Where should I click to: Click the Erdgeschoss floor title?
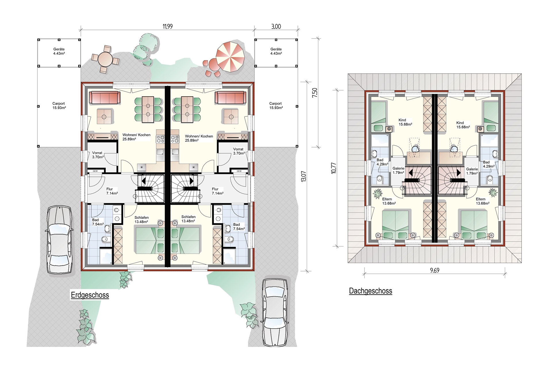coord(90,295)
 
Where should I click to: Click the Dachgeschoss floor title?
coord(371,291)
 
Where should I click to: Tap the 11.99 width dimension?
coord(168,26)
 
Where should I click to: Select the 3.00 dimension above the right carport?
coord(276,26)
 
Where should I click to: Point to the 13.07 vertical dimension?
coord(304,176)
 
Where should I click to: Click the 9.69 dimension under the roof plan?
coord(435,270)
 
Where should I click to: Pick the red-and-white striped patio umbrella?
coord(230,57)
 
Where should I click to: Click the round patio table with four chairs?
coord(105,59)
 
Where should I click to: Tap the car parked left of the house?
coord(60,239)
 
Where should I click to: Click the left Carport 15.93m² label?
coord(59,106)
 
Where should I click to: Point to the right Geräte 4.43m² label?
coord(276,51)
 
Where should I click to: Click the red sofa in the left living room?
coord(104,98)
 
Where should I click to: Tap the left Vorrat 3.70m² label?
coord(98,155)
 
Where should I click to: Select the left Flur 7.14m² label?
coord(112,191)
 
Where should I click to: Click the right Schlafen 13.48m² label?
coord(188,219)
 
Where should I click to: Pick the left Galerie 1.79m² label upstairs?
coord(398,170)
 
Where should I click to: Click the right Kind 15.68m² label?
coord(463,125)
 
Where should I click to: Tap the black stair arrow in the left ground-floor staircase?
coord(143,181)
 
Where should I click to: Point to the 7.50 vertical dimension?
coord(315,92)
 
